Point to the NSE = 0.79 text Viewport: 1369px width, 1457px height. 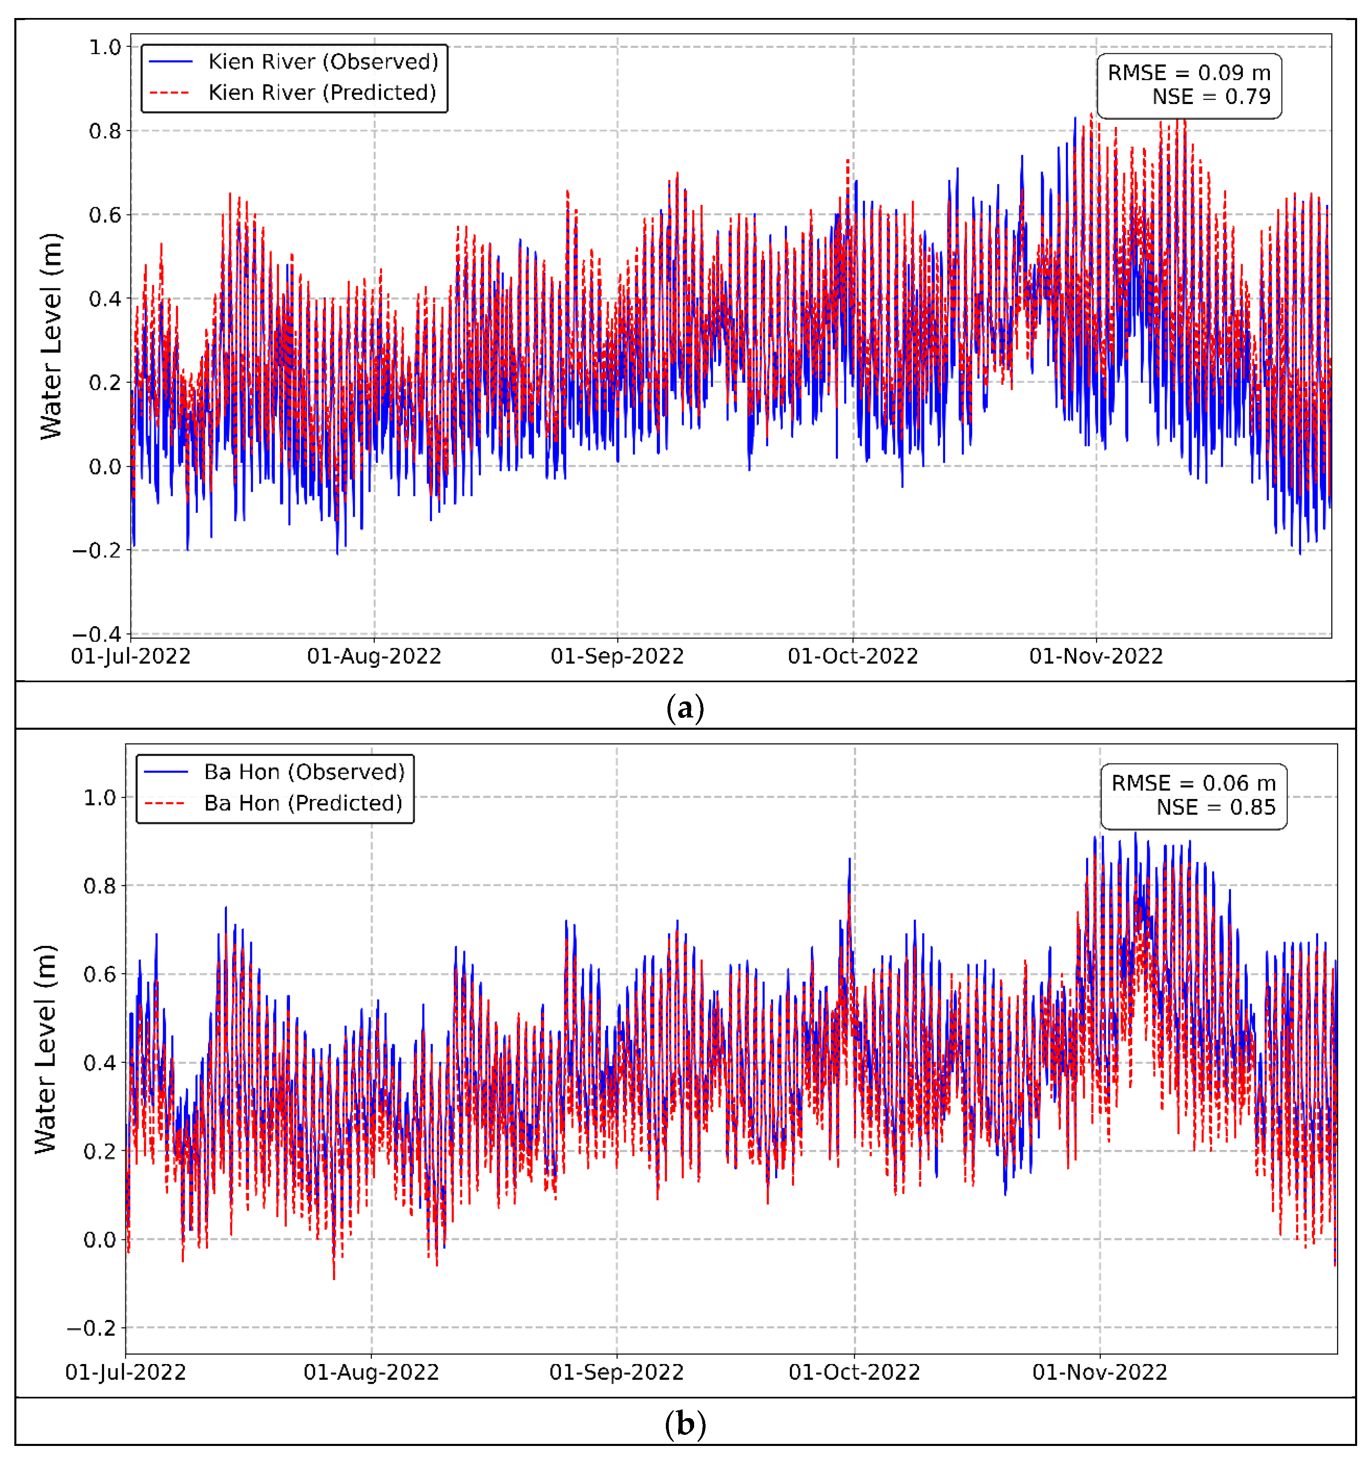(x=1210, y=97)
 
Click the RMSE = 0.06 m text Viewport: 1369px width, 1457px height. (x=1193, y=783)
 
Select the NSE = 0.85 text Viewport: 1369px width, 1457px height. (x=1215, y=808)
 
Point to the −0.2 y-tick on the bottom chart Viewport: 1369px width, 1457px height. (x=92, y=1328)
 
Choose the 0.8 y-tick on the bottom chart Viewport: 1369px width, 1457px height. (x=99, y=886)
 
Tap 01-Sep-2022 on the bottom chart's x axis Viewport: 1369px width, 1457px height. (x=616, y=1372)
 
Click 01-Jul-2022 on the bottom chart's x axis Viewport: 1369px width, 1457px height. (x=126, y=1372)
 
